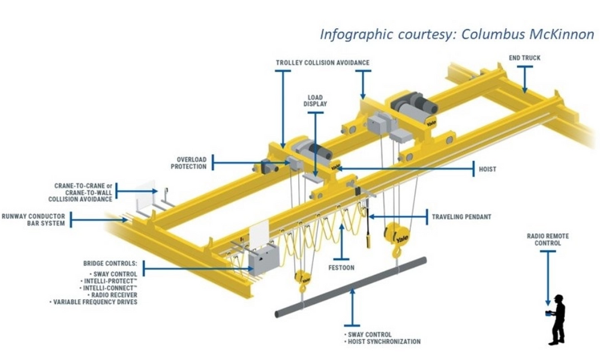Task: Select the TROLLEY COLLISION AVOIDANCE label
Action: click(322, 62)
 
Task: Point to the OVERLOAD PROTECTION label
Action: click(188, 163)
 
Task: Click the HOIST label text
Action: click(487, 169)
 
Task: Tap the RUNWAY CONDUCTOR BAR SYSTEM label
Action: click(33, 220)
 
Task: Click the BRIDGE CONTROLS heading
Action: click(110, 263)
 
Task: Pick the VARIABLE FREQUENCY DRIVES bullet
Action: click(95, 302)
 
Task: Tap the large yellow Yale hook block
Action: click(398, 235)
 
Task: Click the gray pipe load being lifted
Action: click(351, 286)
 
